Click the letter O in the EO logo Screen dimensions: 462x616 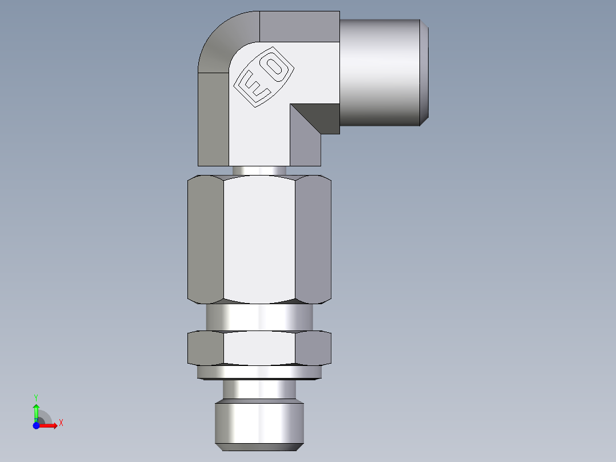(275, 67)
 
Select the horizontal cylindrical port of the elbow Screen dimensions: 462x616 (382, 72)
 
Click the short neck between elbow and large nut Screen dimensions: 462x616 (259, 170)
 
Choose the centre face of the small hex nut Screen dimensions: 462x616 (259, 349)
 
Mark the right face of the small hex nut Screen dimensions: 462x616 (313, 349)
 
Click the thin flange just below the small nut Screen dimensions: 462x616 (259, 373)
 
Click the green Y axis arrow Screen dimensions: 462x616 (36, 410)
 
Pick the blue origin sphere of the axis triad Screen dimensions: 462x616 (36, 426)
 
